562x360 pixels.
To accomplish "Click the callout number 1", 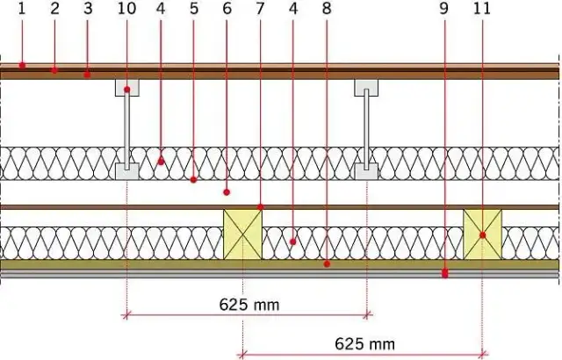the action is coord(22,9).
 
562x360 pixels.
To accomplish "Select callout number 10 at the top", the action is coord(126,9).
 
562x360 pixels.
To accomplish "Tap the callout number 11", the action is coord(482,9).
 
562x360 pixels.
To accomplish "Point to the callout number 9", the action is coord(443,9).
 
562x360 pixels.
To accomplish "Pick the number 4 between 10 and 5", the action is coord(161,9).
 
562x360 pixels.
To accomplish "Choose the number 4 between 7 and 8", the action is coord(293,9).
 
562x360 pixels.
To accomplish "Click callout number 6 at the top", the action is coord(227,9).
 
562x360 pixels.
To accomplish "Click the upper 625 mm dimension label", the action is coord(249,305).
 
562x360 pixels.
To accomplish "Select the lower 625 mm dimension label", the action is coord(365,344).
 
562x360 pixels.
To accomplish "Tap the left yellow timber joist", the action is coord(243,234).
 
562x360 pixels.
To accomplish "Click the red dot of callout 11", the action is coord(482,235).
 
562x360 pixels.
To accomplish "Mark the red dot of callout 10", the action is coord(126,90).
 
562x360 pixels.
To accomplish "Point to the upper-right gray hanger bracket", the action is coord(366,88).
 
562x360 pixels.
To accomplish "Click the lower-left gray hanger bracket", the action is coord(127,171).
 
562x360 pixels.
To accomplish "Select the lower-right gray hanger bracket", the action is coord(366,171).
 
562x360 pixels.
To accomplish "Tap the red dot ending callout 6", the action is coord(227,192).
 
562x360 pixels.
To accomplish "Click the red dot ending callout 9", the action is coord(445,274).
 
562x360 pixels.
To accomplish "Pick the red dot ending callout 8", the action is coord(327,264).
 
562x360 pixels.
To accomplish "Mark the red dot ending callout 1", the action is coord(22,65).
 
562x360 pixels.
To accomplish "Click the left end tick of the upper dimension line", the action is coord(126,315).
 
